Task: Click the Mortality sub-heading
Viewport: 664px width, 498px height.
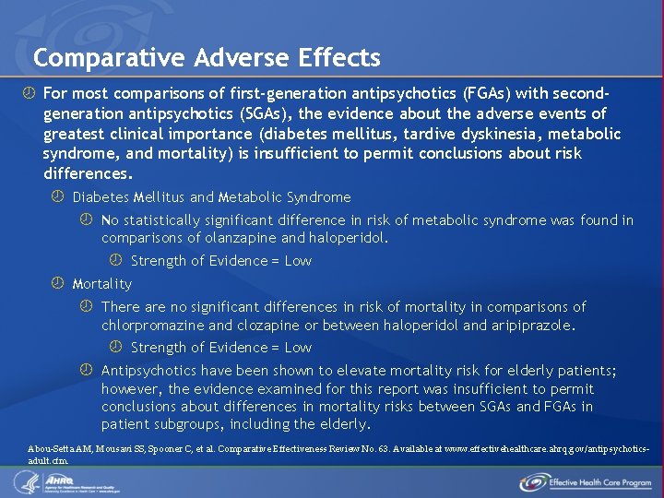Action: (x=102, y=284)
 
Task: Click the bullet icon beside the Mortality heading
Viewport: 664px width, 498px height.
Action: (x=57, y=283)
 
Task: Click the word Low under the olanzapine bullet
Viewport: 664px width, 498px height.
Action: (x=298, y=261)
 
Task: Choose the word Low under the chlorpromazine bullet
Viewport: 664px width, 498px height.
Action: (x=298, y=348)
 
